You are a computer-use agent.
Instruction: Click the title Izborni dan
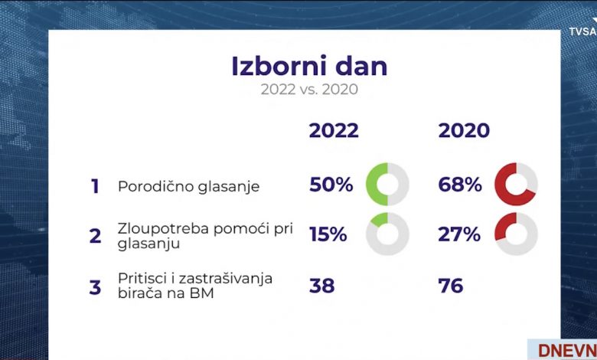point(309,67)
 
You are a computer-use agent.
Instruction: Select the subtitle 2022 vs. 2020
point(309,90)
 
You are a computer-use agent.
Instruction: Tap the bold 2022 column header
point(334,131)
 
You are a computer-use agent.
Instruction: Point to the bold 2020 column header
point(464,131)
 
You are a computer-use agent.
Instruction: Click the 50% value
point(331,185)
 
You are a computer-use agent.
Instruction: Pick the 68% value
point(460,185)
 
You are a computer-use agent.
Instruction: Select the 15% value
point(328,234)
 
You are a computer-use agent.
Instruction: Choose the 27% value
point(459,234)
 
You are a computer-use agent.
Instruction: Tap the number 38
point(321,286)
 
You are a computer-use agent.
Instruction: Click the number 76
point(451,286)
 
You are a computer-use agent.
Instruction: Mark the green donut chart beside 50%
point(372,185)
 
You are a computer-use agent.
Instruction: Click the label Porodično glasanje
point(189,187)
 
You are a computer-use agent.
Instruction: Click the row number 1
point(95,186)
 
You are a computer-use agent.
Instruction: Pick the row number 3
point(95,287)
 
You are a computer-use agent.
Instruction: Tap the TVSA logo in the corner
point(583,31)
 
